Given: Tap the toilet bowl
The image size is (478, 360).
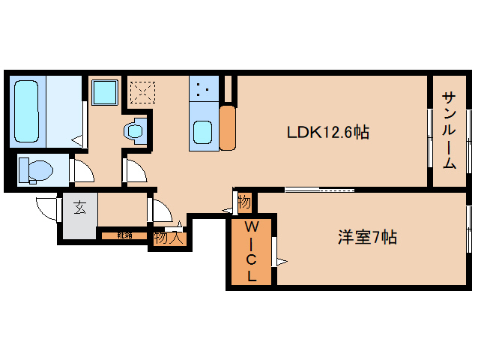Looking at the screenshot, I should pos(34,170).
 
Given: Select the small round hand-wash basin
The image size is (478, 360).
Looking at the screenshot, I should pos(135,130).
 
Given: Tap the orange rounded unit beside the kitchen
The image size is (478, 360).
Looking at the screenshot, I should pos(228,127).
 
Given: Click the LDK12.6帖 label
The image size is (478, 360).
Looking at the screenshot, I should pos(328,133).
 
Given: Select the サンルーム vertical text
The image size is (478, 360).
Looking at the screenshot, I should pos(449,130).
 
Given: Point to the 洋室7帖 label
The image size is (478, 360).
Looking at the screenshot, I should pos(366,238).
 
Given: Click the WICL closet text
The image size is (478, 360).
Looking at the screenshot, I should pos(252,250).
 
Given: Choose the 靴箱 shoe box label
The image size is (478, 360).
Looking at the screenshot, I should pos(124,235).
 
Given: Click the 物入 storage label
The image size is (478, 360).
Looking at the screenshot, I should pos(168,238).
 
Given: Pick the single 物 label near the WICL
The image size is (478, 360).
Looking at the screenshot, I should pos(244,202).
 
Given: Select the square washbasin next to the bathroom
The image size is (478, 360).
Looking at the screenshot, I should pos(103,94).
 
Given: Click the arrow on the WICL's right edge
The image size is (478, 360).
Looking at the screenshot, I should pos(281,261).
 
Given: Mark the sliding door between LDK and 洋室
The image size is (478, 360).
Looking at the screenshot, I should pos(319,189).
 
